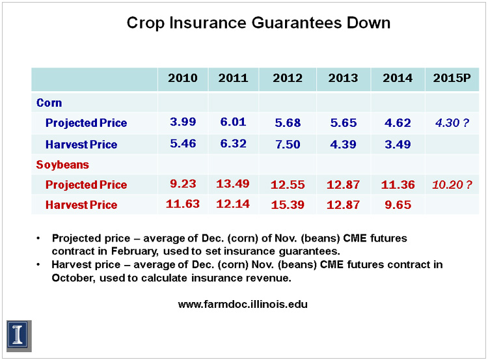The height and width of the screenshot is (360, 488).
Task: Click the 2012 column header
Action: pyautogui.click(x=288, y=78)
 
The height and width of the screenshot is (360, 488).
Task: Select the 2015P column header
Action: pyautogui.click(x=452, y=78)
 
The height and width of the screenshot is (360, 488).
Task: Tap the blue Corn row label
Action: pyautogui.click(x=49, y=103)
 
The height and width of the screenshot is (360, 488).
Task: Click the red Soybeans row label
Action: pyautogui.click(x=62, y=165)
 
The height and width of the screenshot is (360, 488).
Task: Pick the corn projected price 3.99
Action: pyautogui.click(x=183, y=122)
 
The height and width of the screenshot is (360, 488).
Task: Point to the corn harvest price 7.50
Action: pyautogui.click(x=288, y=145)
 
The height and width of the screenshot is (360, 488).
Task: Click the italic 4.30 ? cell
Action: pyautogui.click(x=452, y=122)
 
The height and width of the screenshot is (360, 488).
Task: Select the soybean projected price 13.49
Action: pyautogui.click(x=233, y=184)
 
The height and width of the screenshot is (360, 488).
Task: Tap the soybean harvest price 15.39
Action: pyautogui.click(x=288, y=205)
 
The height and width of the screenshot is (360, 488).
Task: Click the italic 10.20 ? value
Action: pyautogui.click(x=452, y=185)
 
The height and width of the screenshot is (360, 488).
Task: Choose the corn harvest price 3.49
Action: pyautogui.click(x=398, y=145)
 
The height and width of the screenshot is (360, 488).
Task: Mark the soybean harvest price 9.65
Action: pyautogui.click(x=398, y=205)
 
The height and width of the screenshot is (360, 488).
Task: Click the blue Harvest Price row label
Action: pyautogui.click(x=81, y=145)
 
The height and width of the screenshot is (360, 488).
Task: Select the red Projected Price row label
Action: pyautogui.click(x=86, y=185)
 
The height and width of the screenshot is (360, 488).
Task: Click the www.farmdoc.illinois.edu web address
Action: pyautogui.click(x=243, y=304)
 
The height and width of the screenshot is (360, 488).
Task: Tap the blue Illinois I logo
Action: pyautogui.click(x=19, y=337)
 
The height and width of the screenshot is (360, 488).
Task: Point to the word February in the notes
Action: pyautogui.click(x=135, y=251)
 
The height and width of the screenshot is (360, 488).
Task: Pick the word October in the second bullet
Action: pyautogui.click(x=73, y=278)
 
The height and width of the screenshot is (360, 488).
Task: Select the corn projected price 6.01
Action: pyautogui.click(x=233, y=122)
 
